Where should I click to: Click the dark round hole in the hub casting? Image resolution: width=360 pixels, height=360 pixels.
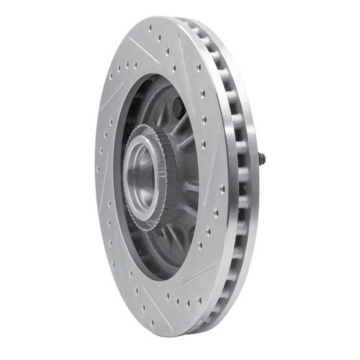175,108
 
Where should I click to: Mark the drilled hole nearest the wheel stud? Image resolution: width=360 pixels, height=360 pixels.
220,189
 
